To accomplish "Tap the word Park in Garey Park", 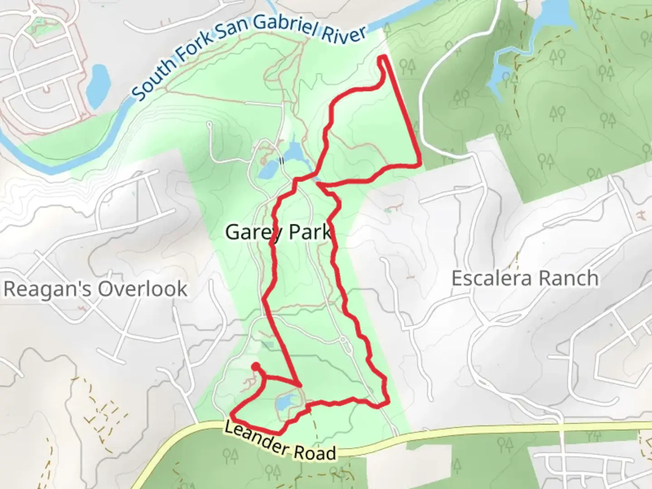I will tap(310, 233).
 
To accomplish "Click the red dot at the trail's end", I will tap(256, 366).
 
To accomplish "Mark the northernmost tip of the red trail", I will tap(384, 57).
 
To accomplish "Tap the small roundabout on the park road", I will tap(343, 339).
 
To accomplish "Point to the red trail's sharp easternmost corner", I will tap(421, 164).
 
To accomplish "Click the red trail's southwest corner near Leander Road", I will tap(232, 414).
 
